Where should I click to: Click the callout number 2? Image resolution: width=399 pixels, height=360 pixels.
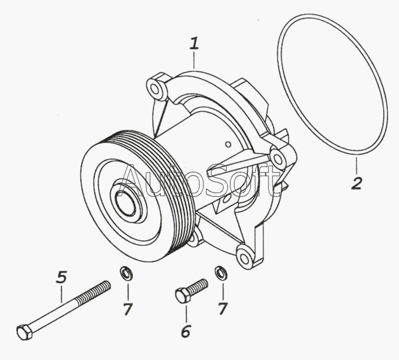[x=356, y=183]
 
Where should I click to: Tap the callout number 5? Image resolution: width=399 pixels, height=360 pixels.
[x=61, y=277]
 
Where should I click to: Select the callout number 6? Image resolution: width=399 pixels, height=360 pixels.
[x=186, y=331]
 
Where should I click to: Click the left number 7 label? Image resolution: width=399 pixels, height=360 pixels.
[x=128, y=309]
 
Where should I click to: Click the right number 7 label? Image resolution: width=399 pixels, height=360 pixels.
[x=223, y=309]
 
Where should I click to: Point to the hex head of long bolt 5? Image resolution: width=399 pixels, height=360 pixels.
[x=25, y=332]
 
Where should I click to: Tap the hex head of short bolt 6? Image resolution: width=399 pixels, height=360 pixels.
[x=182, y=295]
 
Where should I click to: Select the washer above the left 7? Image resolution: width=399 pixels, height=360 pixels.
[x=126, y=273]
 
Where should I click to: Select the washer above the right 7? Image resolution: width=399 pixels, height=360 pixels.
[x=221, y=272]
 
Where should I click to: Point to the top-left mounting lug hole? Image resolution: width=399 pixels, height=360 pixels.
[x=154, y=89]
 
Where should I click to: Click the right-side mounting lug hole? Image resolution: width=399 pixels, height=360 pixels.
[x=278, y=160]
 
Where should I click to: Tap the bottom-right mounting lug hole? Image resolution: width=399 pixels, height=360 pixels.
[x=245, y=258]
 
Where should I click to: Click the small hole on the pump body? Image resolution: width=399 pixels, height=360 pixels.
[x=229, y=144]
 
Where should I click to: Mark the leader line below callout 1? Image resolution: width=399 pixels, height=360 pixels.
[x=194, y=60]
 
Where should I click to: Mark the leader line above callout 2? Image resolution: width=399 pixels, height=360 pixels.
[x=356, y=166]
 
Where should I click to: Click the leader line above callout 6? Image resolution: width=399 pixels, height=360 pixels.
[x=186, y=313]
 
